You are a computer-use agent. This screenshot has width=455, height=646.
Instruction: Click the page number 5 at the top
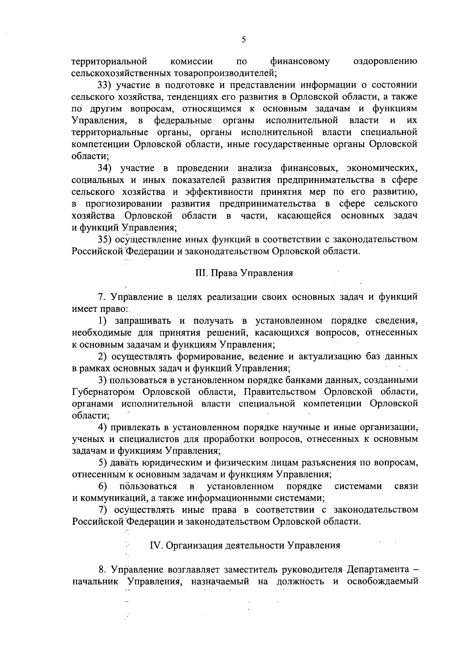243,39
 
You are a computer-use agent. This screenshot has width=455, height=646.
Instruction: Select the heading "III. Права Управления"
244,273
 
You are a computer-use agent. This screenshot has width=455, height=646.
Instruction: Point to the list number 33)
104,84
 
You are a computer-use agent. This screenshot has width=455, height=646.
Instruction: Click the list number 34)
104,168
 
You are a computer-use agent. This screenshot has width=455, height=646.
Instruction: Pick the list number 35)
104,239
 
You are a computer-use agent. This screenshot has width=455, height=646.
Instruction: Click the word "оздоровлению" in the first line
385,61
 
